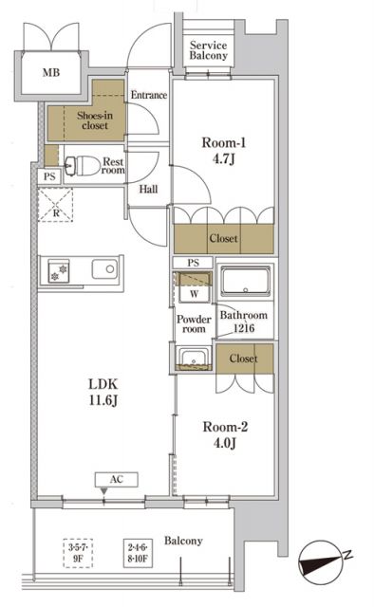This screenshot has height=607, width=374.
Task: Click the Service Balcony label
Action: point(208,51)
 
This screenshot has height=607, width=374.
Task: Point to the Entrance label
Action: point(148,95)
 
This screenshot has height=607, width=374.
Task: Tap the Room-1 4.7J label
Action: point(224,153)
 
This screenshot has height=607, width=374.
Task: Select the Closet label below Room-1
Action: point(223,239)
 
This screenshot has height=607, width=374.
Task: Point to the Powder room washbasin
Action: point(193,358)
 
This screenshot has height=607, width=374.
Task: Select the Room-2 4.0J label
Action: point(224,435)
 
